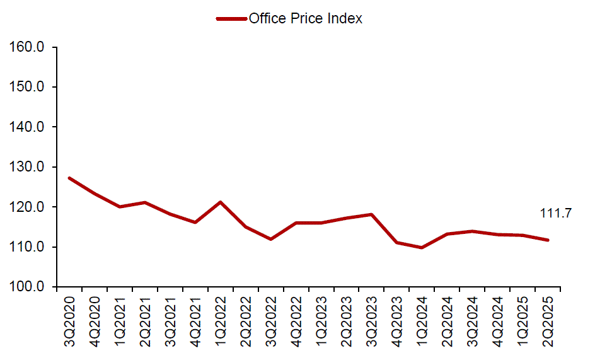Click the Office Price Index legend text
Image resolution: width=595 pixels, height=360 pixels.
tap(306, 18)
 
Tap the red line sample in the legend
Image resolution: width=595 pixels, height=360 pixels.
tap(231, 18)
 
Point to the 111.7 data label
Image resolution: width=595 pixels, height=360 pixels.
tap(555, 214)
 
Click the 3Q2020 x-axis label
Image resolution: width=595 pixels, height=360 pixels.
tap(69, 322)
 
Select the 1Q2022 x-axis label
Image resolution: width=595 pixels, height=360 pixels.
tap(221, 322)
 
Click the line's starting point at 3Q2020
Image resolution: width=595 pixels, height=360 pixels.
tap(69, 178)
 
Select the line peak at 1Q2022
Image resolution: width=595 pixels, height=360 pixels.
tap(221, 202)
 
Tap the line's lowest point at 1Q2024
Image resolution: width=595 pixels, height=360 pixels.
tap(422, 247)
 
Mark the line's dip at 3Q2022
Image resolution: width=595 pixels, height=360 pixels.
tap(271, 239)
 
